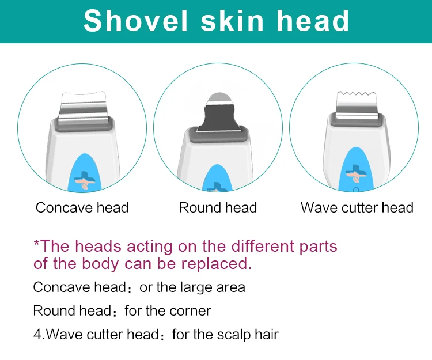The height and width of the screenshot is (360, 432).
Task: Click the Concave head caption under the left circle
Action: pos(82,207)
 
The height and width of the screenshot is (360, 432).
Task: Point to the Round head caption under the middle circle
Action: pos(218,207)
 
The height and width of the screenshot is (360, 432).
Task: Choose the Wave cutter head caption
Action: pos(357,207)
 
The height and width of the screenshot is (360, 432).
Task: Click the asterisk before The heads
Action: pos(36,244)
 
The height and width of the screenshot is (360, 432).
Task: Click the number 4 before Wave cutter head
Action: pos(36,334)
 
